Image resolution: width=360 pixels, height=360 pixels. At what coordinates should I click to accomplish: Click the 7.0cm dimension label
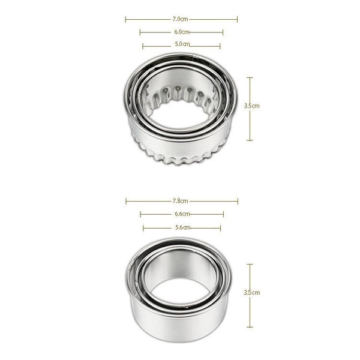pyautogui.click(x=180, y=19)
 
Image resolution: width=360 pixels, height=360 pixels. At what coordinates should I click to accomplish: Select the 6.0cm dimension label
pyautogui.click(x=182, y=32)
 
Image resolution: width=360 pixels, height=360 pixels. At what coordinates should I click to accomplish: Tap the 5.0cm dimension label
pyautogui.click(x=182, y=44)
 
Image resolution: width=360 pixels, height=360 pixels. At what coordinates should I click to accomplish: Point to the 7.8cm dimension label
pyautogui.click(x=180, y=201)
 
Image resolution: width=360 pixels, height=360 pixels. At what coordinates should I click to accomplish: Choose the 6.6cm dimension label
pyautogui.click(x=182, y=214)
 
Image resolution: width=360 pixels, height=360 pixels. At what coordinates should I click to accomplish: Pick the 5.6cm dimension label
pyautogui.click(x=183, y=227)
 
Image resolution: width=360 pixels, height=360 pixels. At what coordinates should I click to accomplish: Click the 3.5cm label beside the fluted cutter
pyautogui.click(x=251, y=106)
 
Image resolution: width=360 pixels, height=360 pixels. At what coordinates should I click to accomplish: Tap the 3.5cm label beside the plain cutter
pyautogui.click(x=252, y=293)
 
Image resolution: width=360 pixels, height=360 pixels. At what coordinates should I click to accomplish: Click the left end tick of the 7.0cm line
pyautogui.click(x=125, y=20)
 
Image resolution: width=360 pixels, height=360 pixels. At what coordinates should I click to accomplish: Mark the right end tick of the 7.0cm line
pyautogui.click(x=237, y=20)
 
